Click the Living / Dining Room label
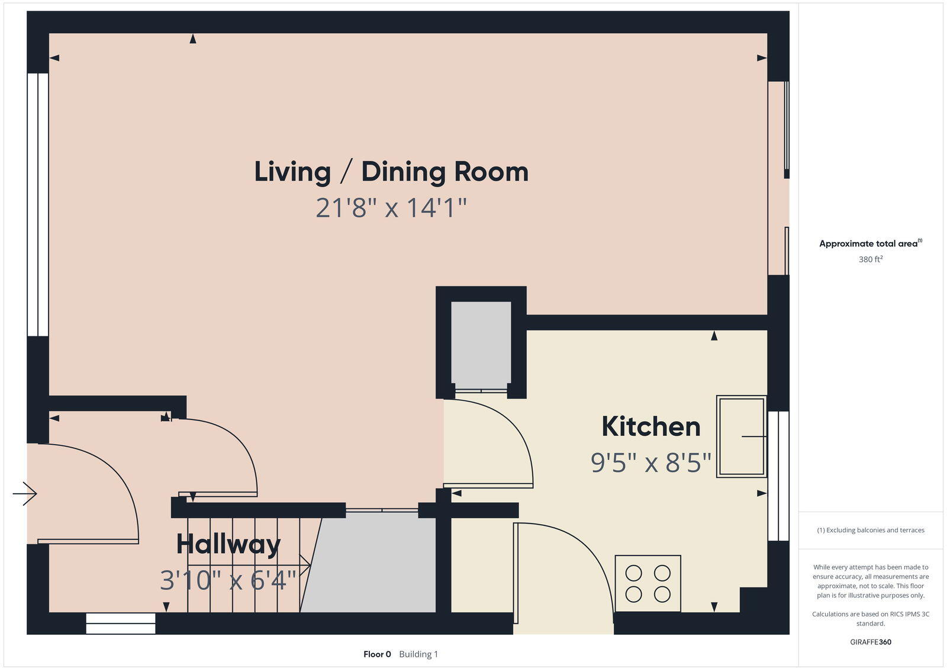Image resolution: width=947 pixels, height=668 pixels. click(391, 172)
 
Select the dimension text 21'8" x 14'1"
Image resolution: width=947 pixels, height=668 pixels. click(391, 208)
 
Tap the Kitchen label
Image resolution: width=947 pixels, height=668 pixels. click(651, 426)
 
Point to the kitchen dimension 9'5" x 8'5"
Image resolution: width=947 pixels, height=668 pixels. click(651, 463)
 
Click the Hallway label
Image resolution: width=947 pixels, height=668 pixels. click(228, 544)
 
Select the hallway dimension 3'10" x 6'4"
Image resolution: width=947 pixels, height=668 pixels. click(228, 580)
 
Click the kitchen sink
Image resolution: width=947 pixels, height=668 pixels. click(742, 436)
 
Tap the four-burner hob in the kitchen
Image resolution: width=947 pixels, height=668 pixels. click(648, 583)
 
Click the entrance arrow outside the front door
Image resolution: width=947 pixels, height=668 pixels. click(25, 493)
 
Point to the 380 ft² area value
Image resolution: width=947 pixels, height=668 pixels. click(871, 259)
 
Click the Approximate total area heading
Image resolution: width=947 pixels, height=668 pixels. click(871, 243)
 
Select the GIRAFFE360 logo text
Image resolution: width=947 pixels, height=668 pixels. click(871, 642)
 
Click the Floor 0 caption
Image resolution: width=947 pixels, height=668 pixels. click(377, 654)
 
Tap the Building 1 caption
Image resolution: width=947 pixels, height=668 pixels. click(418, 654)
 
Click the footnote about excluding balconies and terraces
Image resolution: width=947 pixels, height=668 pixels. click(871, 530)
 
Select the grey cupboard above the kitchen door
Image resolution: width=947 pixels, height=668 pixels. click(481, 345)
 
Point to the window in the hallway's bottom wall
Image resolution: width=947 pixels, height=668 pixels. click(121, 624)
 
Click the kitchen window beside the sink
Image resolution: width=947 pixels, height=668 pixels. click(778, 476)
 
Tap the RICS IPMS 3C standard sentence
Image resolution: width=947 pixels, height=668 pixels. click(871, 618)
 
